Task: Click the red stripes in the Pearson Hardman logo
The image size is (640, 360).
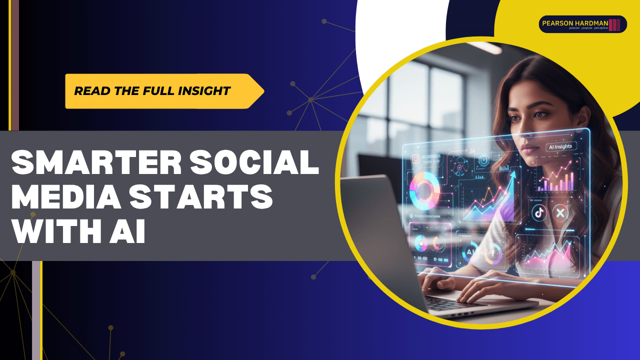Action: tap(614, 24)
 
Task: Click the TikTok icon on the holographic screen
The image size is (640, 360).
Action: tap(539, 212)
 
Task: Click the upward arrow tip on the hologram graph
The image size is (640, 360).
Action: tap(512, 174)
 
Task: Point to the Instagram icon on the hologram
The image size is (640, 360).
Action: tap(415, 159)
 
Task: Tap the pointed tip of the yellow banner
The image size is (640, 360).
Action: tap(263, 91)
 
